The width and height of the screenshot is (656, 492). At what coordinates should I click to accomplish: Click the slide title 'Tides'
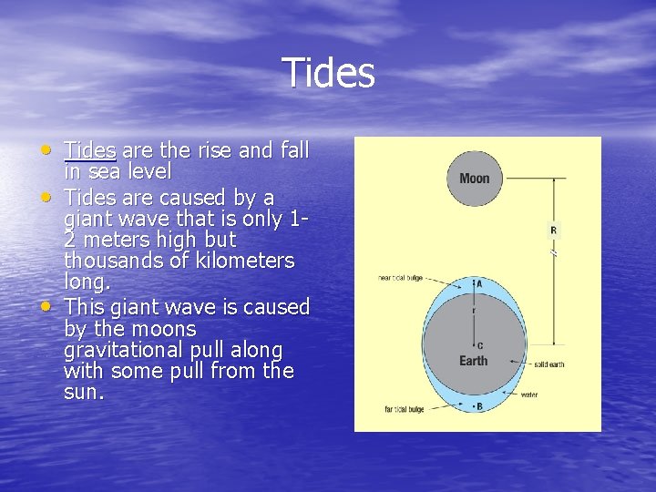(328, 73)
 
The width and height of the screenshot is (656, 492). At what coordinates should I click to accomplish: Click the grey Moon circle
(474, 178)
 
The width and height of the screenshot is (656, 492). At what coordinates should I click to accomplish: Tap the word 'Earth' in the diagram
(473, 361)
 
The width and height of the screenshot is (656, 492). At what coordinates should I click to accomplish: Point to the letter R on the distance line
(553, 231)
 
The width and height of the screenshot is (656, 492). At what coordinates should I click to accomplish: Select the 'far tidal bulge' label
(403, 409)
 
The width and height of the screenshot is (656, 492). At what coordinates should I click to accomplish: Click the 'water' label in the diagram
(529, 395)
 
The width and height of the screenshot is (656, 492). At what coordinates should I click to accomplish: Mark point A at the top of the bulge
(479, 283)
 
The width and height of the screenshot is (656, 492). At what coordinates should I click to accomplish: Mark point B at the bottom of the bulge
(479, 406)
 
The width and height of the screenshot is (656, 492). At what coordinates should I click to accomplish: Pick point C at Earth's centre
(479, 345)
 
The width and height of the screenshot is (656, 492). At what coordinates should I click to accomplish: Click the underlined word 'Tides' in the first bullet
(89, 149)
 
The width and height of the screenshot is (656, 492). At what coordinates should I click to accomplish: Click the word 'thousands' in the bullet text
(110, 261)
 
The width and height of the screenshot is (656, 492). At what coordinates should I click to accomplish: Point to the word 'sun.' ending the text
(84, 393)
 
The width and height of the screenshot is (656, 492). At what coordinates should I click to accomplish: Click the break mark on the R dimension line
(553, 255)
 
